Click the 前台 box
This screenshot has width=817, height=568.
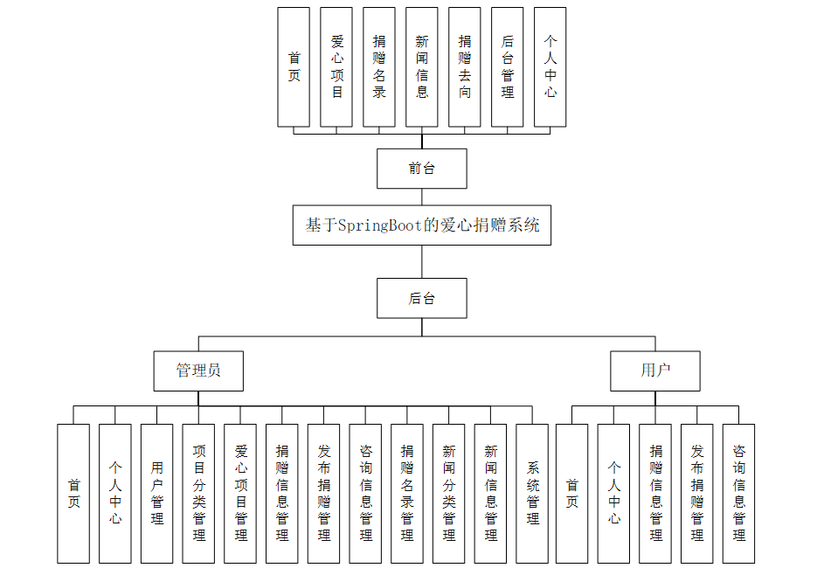coord(421,169)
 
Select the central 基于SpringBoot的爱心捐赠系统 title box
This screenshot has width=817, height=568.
coord(421,225)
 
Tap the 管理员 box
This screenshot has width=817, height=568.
coord(198,371)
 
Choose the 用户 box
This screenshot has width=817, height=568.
coord(655,371)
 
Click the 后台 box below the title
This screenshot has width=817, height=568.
coord(421,298)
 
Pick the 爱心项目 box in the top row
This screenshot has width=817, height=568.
coord(336,66)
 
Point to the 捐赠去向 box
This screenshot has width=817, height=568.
coord(464,66)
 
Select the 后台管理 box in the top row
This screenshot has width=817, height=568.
coord(507,66)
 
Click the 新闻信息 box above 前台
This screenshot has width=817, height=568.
coord(421,66)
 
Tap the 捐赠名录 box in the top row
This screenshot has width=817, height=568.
coord(379,66)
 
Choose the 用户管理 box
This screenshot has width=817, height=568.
coord(156,494)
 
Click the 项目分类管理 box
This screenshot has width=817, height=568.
coord(198,494)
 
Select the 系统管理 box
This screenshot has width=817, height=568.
coord(532,494)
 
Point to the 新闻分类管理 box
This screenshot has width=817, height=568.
coord(448,494)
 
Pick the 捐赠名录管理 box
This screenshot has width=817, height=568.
coord(407,494)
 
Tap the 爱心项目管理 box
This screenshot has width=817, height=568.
coord(240,494)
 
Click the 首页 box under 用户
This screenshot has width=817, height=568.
coord(571,494)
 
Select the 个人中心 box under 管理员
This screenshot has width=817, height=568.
coord(115,494)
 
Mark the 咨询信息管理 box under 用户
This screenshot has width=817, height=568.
coord(738,494)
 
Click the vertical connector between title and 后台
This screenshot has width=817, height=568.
coord(421,261)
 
